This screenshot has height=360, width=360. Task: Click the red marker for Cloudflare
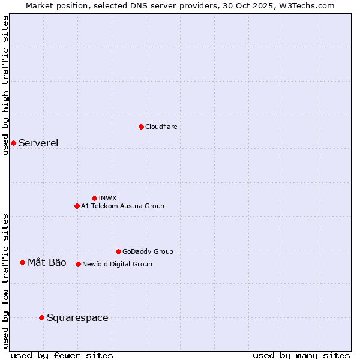(141, 127)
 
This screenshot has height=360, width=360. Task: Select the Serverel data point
(13, 143)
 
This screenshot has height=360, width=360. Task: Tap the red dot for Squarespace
(41, 317)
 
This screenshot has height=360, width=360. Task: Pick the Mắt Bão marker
(22, 262)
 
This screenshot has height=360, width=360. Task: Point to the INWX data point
(94, 198)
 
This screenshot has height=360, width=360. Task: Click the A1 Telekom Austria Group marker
(77, 206)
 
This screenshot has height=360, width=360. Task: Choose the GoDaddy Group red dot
(118, 251)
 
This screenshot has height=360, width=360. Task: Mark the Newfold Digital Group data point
(78, 264)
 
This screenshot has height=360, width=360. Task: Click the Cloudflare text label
(161, 127)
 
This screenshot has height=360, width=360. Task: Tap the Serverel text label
(38, 143)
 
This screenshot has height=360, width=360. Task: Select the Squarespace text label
(77, 317)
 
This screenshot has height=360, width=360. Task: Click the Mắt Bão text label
(47, 262)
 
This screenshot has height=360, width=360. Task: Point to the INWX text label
(108, 198)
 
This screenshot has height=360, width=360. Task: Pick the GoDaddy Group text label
(148, 251)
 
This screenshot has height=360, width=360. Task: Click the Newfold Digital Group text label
(117, 264)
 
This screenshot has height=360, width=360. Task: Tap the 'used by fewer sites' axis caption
(62, 355)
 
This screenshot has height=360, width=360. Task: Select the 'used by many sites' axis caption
(301, 355)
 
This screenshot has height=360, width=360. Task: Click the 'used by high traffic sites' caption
(5, 85)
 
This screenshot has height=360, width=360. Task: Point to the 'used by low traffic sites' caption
(5, 281)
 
